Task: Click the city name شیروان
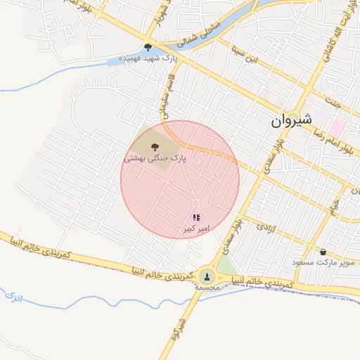290,122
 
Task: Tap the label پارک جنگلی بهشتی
155,159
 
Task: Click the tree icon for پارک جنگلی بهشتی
155,147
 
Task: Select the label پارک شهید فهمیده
147,58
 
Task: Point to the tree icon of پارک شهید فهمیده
148,48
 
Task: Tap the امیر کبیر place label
197,229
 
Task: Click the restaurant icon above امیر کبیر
197,218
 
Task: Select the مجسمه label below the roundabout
208,287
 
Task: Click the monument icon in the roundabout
207,276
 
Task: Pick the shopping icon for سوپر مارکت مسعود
323,252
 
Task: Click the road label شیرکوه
178,330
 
